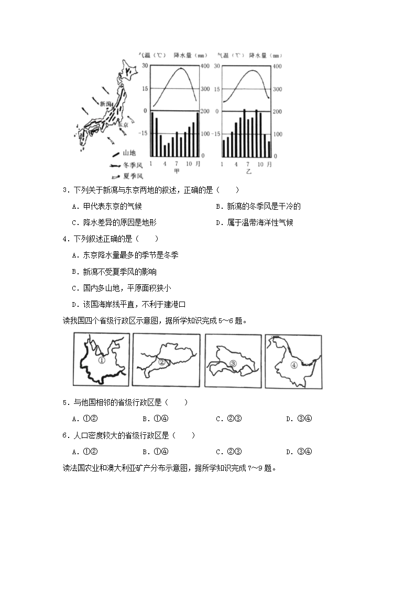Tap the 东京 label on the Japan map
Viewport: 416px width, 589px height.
123,125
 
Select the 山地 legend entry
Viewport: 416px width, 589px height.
128,153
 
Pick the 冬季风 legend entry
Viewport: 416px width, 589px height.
132,165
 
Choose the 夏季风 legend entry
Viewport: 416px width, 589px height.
132,176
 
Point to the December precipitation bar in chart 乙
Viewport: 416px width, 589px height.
269,148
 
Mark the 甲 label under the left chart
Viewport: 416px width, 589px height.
177,172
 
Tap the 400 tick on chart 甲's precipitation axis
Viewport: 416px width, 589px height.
205,66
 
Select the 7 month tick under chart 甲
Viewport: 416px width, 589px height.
177,164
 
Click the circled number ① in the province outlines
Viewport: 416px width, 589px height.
102,361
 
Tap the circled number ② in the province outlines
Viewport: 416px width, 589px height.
162,362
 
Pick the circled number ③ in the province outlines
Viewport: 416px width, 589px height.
233,363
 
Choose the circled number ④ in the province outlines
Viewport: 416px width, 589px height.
294,365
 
